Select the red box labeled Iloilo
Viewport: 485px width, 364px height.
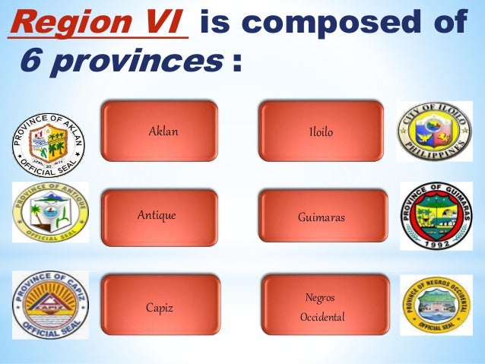[x=321, y=131]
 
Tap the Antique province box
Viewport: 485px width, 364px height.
[x=159, y=216]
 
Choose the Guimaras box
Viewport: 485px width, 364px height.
[x=322, y=217]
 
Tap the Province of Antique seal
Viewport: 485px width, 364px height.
[x=50, y=212]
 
